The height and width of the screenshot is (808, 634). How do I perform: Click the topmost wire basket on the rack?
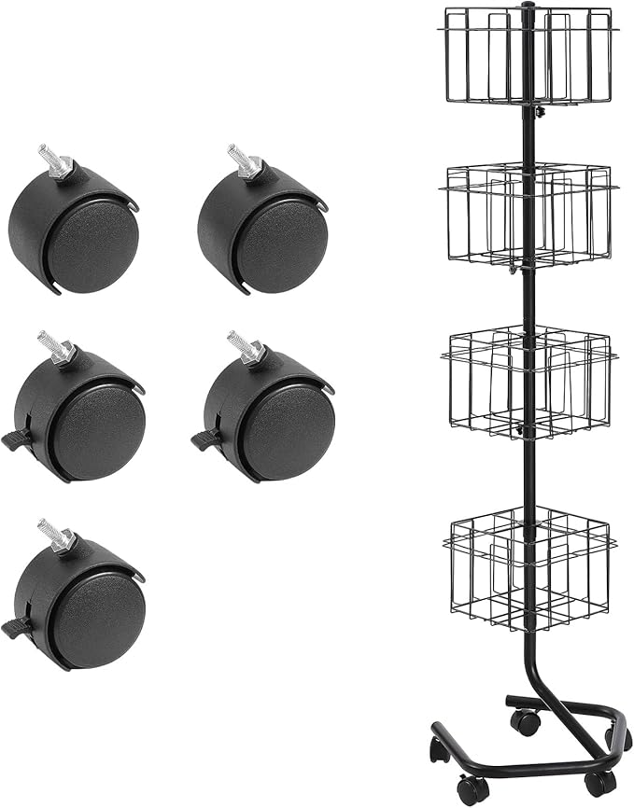(529, 56)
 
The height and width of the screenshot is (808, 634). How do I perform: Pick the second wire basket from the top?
(529, 216)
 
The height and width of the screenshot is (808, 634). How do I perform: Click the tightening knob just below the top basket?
(539, 112)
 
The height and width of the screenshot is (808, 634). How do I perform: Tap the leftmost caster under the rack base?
(438, 747)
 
